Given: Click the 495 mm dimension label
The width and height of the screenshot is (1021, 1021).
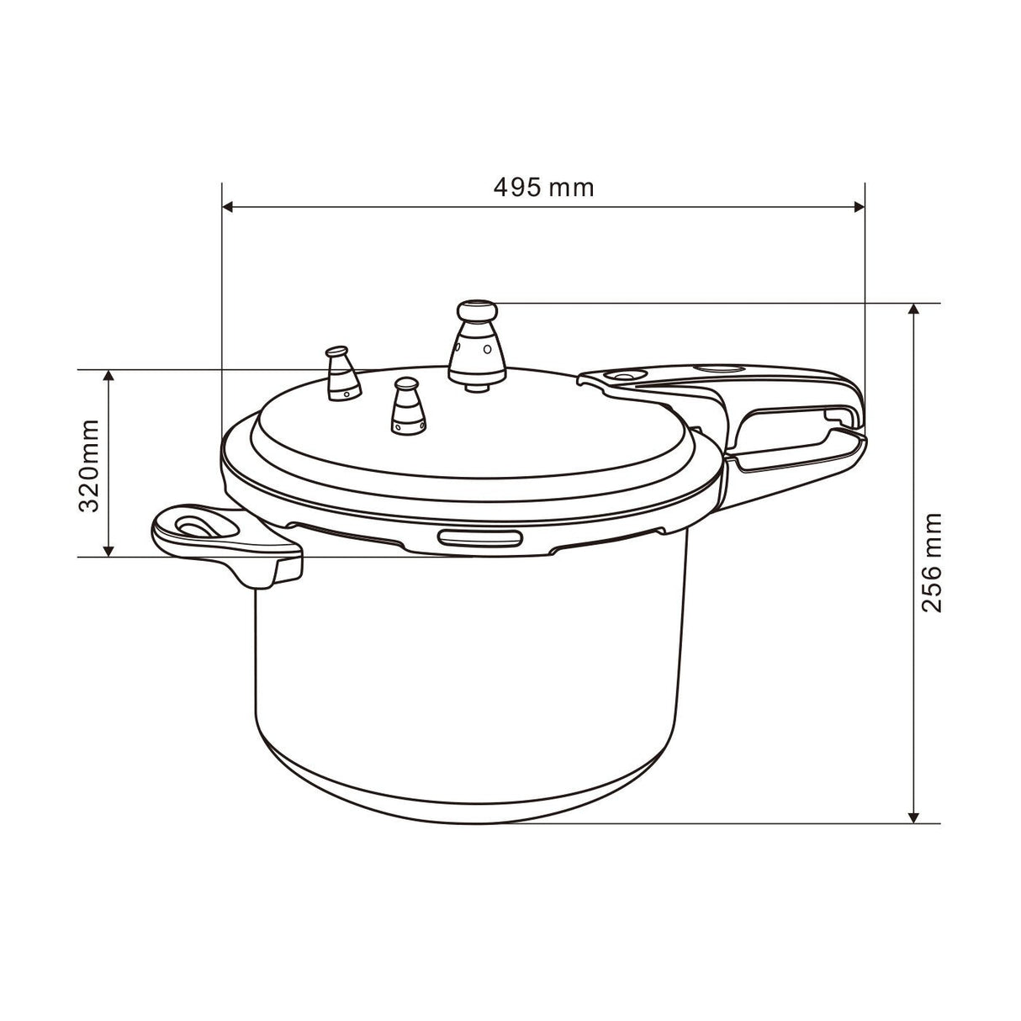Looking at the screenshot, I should coord(543,187).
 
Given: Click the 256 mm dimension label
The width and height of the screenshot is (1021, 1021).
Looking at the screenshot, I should coord(931,563).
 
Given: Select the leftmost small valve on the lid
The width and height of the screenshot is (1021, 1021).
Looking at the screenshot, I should coord(341,373).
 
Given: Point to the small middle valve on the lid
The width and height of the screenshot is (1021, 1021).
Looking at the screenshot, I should coord(407,405).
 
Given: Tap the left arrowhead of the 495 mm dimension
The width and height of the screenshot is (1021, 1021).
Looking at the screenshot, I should coord(227,205).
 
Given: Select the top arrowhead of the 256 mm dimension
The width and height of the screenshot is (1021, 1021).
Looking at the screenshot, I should coord(914,309).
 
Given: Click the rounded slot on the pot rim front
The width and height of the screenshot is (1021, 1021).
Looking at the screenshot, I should coord(478,538).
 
